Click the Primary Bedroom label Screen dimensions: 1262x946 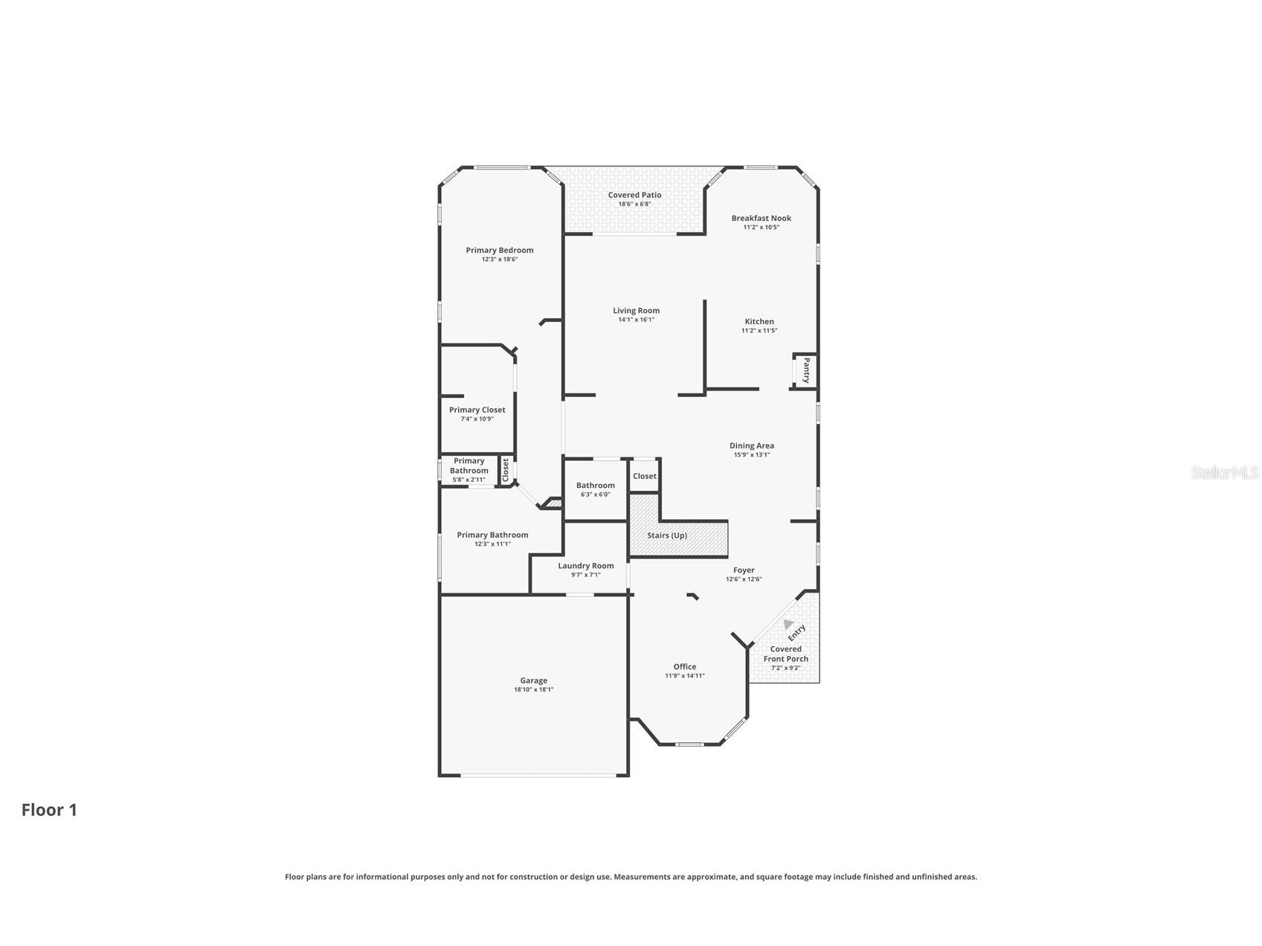[x=500, y=251]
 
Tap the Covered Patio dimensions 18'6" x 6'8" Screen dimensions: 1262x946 [x=634, y=205]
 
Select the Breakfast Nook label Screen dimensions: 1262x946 [x=761, y=219]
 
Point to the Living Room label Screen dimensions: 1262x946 [x=636, y=311]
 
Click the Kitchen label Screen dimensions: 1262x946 [x=759, y=322]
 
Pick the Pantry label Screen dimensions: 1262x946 [x=806, y=370]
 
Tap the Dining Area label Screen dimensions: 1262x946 [x=752, y=446]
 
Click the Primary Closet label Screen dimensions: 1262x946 [x=477, y=410]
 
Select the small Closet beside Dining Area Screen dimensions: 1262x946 [x=645, y=477]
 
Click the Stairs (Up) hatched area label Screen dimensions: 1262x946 [x=667, y=535]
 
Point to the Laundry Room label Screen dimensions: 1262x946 [x=586, y=566]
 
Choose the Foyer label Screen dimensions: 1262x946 [x=744, y=570]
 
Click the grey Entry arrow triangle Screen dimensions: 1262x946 [x=788, y=625]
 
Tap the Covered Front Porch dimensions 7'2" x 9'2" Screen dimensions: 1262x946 [x=785, y=668]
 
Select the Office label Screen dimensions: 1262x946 [x=685, y=667]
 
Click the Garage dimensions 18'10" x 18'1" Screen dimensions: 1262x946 [x=533, y=690]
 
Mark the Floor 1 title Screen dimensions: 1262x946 [x=49, y=810]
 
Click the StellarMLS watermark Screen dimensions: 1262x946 [x=1225, y=473]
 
